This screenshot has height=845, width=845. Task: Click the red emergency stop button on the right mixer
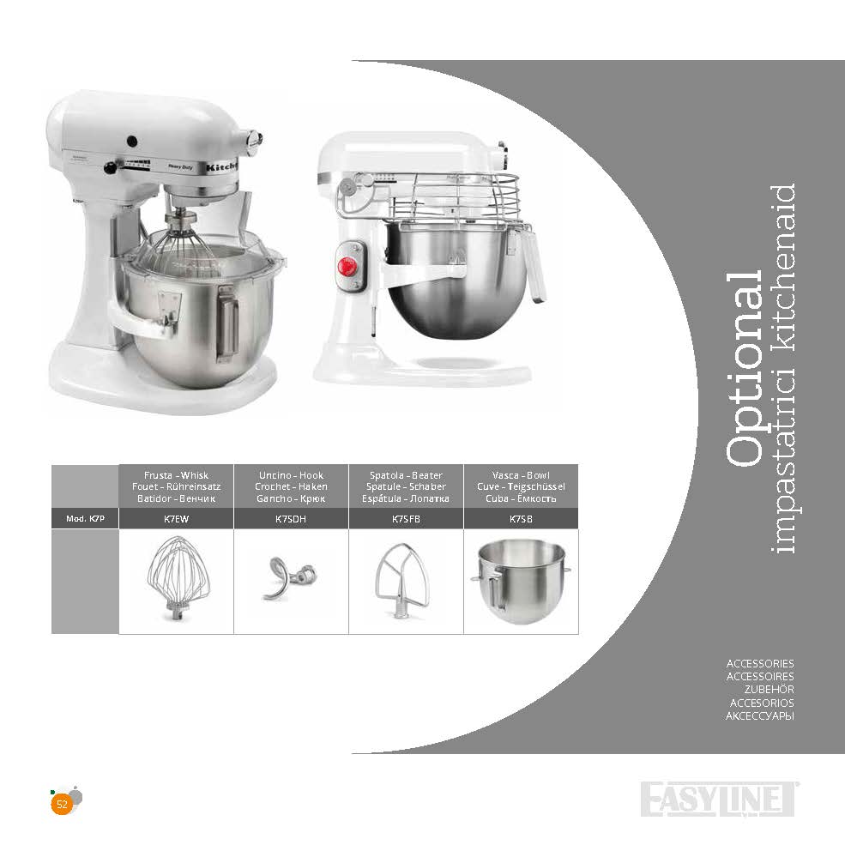(x=347, y=266)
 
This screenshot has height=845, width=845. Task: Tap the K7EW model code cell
(x=176, y=519)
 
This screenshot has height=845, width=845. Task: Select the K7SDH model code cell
(x=291, y=519)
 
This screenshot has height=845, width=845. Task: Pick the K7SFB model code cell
(x=406, y=519)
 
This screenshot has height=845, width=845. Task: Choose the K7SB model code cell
(x=521, y=519)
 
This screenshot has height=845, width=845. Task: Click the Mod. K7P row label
(x=85, y=519)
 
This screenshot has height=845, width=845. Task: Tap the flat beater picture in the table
(x=402, y=581)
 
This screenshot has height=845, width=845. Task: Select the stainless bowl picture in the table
(x=521, y=582)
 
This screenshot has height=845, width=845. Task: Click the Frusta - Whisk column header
(x=176, y=486)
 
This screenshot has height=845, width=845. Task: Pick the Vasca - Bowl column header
(x=521, y=486)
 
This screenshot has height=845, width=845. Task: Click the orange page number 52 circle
(x=62, y=805)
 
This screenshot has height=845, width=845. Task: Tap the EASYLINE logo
(x=718, y=800)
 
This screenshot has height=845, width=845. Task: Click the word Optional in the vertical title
(x=745, y=369)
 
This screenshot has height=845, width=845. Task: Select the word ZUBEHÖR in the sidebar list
(x=769, y=689)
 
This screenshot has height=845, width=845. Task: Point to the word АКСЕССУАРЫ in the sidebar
(x=760, y=716)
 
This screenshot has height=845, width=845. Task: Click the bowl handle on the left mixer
(x=226, y=325)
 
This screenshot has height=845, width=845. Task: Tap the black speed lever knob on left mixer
(x=111, y=168)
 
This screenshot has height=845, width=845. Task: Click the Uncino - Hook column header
(x=291, y=486)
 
